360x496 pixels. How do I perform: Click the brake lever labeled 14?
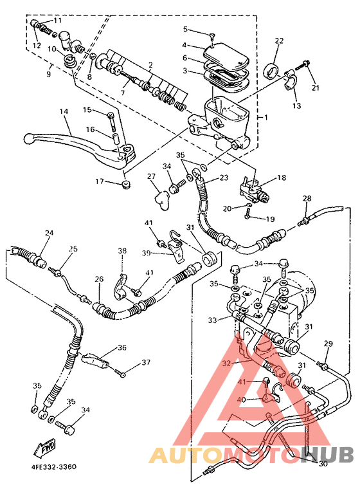[77, 140]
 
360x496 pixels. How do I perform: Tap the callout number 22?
[278, 41]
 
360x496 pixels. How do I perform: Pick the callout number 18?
[281, 178]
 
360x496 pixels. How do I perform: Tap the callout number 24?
[49, 233]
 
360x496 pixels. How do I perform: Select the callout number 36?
[122, 348]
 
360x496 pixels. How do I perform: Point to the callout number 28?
[307, 198]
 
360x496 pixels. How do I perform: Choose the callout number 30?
[323, 463]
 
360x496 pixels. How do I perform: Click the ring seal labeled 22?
[273, 69]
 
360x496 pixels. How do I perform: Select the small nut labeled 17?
[125, 185]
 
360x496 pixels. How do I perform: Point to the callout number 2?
[150, 65]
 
